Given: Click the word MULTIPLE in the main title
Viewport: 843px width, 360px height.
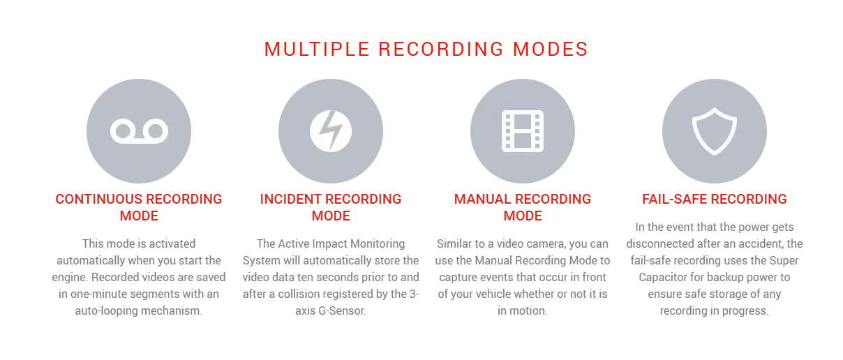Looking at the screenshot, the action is point(317,50).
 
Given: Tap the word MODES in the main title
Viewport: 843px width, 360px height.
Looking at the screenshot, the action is point(550,50).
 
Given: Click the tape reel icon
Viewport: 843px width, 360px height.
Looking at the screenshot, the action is point(139,131).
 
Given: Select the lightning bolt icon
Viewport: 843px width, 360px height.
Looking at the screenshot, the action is point(331,131).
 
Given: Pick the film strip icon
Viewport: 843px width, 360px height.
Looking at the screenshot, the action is point(523,131).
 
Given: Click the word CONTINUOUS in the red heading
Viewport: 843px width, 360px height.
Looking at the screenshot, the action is point(98,199).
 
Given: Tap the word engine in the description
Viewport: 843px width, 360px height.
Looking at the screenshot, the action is point(70,278).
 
